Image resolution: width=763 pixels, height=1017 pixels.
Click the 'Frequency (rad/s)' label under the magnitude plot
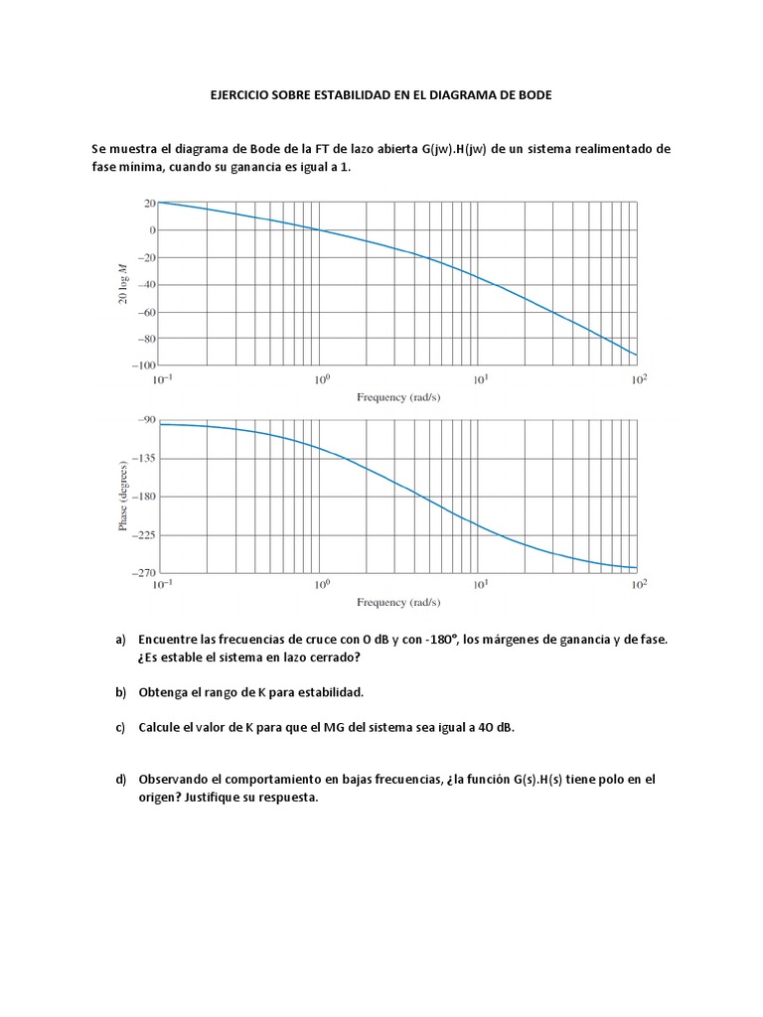[x=398, y=397]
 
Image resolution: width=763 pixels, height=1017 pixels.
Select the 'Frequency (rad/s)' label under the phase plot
[x=398, y=602]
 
